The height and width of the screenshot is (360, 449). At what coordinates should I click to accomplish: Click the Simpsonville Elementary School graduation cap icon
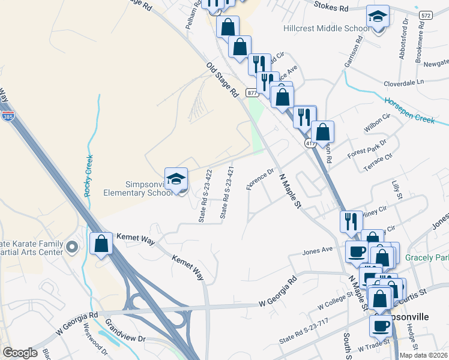[176, 179]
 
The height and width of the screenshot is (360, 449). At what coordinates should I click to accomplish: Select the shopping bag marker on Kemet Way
[101, 244]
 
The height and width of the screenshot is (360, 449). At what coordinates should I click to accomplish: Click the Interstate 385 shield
[8, 115]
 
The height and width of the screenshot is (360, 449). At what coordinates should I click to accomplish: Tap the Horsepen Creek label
[409, 110]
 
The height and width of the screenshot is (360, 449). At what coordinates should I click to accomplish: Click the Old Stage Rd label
[223, 80]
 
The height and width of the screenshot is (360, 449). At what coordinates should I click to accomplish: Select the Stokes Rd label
[332, 8]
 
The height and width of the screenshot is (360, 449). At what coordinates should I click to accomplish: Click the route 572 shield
[426, 14]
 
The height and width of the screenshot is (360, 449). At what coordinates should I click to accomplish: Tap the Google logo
[20, 353]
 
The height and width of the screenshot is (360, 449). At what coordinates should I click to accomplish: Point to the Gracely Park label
[426, 257]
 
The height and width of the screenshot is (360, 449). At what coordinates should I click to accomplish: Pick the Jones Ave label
[318, 250]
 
